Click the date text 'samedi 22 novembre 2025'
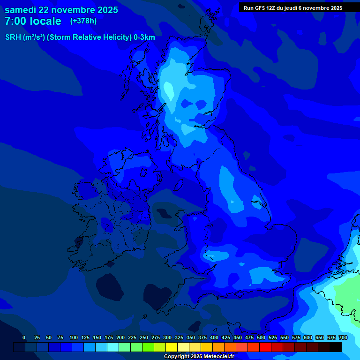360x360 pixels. click(x=61, y=10)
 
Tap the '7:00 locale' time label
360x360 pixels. click(x=33, y=21)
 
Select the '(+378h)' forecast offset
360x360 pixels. click(x=83, y=21)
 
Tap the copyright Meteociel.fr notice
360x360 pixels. click(x=199, y=356)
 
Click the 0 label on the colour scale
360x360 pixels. click(x=24, y=337)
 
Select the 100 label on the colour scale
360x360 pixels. click(x=73, y=337)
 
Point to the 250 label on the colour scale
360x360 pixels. click(x=143, y=337)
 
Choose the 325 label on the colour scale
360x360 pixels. click(x=179, y=337)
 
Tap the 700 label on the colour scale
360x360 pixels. click(x=343, y=337)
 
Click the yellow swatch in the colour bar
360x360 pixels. click(x=172, y=347)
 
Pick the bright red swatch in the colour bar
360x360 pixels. click(x=265, y=347)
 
